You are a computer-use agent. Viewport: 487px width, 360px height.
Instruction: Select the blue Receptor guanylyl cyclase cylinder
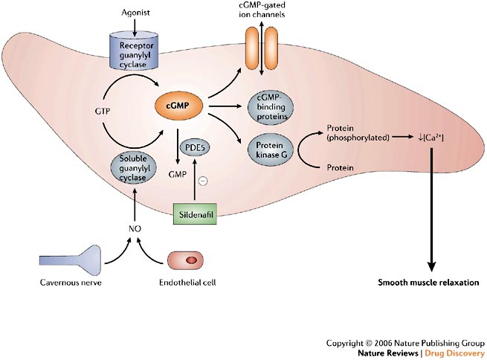pyautogui.click(x=133, y=51)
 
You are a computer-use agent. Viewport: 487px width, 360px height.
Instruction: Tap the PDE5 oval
pyautogui.click(x=196, y=147)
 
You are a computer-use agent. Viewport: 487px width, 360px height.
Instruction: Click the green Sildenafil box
pyautogui.click(x=195, y=214)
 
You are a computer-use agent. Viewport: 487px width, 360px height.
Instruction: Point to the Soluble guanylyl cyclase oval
pyautogui.click(x=133, y=168)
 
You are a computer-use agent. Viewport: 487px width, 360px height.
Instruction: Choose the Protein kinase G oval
pyautogui.click(x=270, y=150)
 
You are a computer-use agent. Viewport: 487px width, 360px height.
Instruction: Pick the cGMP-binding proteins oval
pyautogui.click(x=270, y=107)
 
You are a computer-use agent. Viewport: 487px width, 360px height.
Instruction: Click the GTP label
pyautogui.click(x=103, y=111)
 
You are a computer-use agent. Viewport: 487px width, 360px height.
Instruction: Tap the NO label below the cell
pyautogui.click(x=135, y=229)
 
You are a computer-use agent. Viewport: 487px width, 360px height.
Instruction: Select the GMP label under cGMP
pyautogui.click(x=178, y=175)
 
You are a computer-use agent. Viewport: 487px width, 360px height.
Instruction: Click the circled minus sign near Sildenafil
pyautogui.click(x=203, y=181)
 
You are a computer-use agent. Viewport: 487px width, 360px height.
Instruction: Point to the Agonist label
pyautogui.click(x=135, y=13)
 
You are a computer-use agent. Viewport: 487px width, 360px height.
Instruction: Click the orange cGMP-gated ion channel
pyautogui.click(x=262, y=49)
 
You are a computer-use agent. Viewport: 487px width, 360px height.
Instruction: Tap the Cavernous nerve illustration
pyautogui.click(x=70, y=260)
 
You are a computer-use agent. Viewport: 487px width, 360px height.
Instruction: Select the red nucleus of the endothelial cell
pyautogui.click(x=191, y=260)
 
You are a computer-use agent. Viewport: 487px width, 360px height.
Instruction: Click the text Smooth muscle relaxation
pyautogui.click(x=428, y=283)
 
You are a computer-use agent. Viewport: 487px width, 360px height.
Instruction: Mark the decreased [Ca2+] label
pyautogui.click(x=430, y=138)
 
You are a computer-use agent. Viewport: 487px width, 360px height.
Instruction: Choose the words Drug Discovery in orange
pyautogui.click(x=454, y=353)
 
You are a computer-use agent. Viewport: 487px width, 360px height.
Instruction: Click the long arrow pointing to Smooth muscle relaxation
pyautogui.click(x=431, y=210)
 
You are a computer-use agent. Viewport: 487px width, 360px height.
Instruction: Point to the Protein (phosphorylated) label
pyautogui.click(x=358, y=132)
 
